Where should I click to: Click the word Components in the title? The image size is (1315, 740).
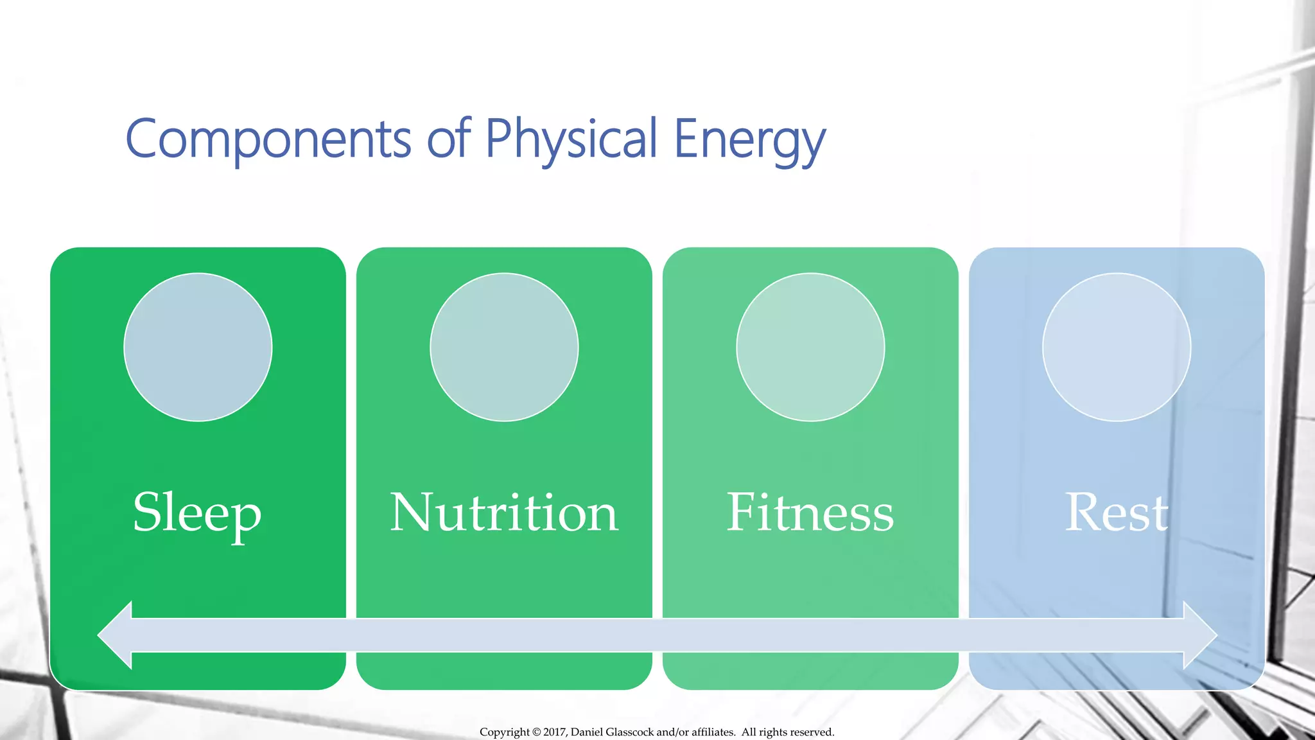(x=268, y=139)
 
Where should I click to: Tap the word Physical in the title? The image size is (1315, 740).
(x=571, y=139)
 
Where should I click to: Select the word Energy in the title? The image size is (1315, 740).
(x=749, y=139)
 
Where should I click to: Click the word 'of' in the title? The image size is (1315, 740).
(x=449, y=139)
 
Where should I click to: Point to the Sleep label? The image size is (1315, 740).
(x=197, y=513)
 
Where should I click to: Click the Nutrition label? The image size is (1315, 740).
(x=504, y=513)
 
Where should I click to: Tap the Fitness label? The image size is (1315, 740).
(x=810, y=513)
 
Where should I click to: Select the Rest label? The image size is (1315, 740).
(x=1117, y=513)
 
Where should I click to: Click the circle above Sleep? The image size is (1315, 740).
(x=198, y=348)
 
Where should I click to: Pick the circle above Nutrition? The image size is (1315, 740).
(x=504, y=348)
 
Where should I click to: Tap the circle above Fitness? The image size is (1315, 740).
(x=810, y=348)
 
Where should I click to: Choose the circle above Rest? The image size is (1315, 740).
(x=1117, y=348)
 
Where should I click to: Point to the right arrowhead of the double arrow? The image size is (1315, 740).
(x=1199, y=635)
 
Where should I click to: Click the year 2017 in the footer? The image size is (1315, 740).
(x=555, y=732)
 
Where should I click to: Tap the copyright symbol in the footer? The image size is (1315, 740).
(x=537, y=732)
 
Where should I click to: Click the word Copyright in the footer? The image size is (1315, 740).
(x=505, y=732)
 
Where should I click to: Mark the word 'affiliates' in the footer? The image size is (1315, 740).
(x=713, y=732)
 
